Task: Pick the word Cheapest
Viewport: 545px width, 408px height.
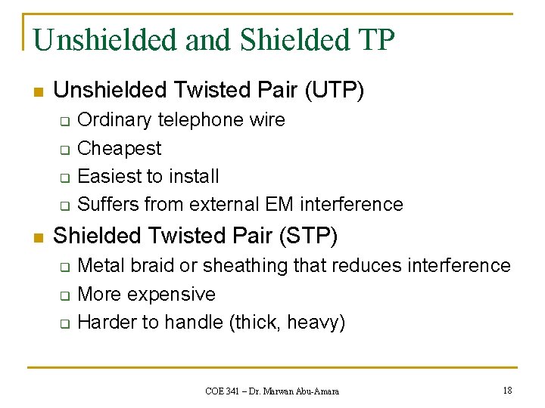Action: (120, 148)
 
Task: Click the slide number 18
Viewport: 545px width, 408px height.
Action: (507, 390)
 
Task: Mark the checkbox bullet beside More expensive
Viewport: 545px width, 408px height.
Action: (65, 295)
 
